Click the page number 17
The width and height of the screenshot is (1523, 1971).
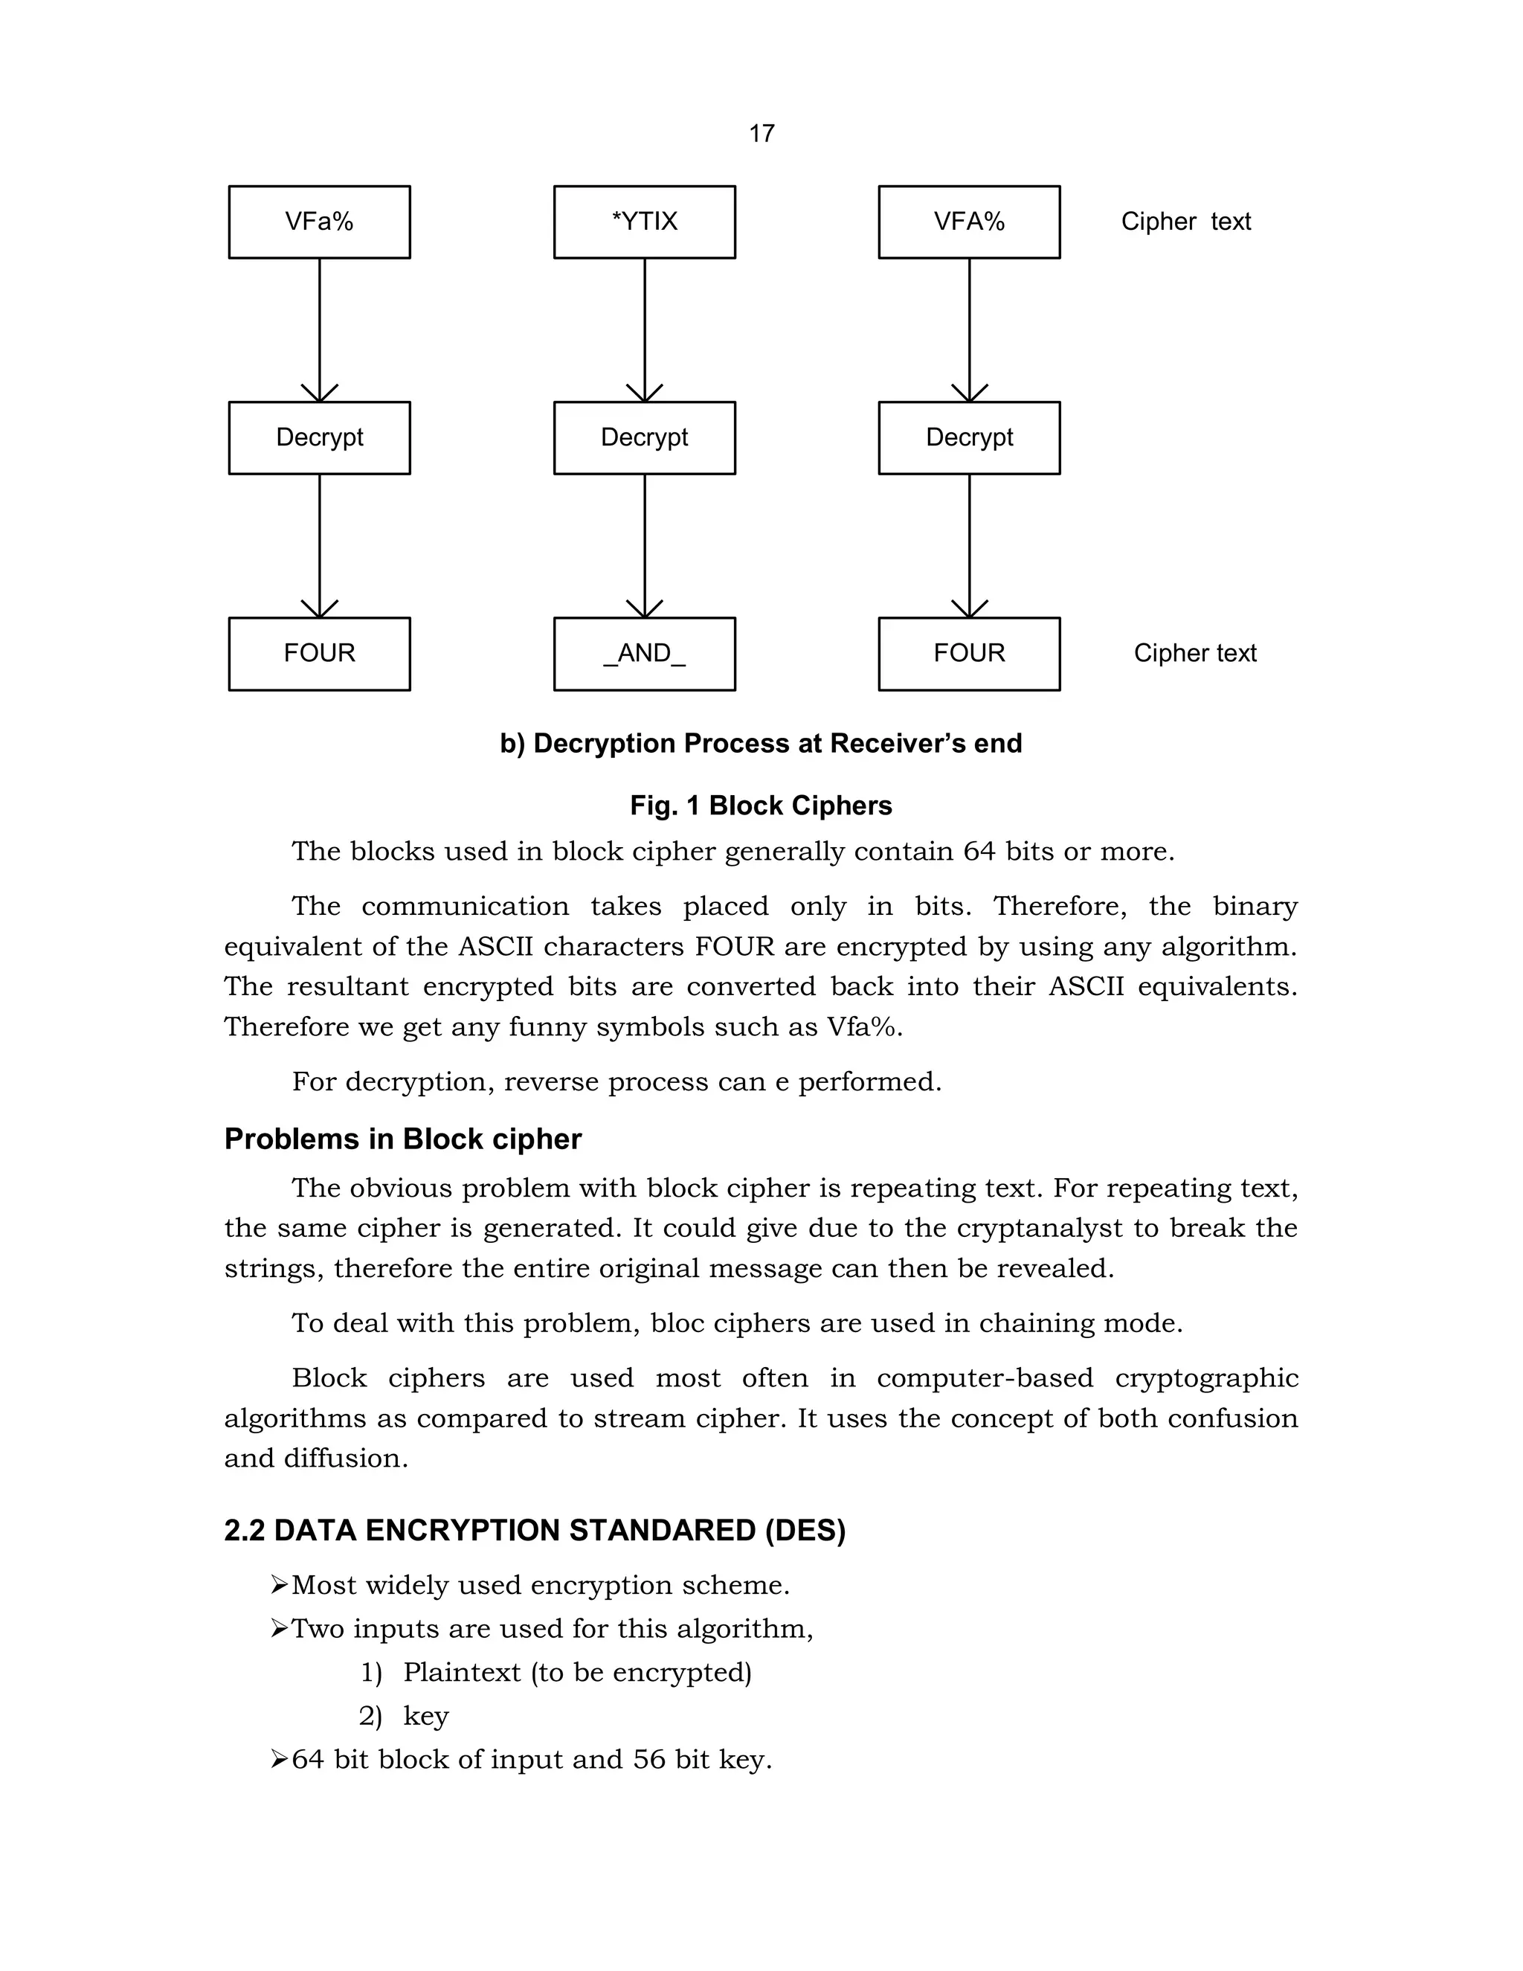click(761, 134)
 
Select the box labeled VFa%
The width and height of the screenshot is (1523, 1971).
click(319, 222)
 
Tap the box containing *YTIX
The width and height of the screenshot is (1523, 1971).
click(644, 222)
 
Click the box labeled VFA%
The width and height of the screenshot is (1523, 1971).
click(969, 222)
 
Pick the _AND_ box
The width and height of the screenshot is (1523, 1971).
click(644, 653)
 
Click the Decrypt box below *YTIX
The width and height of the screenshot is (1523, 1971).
click(644, 437)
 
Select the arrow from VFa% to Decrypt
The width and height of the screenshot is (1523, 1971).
click(319, 329)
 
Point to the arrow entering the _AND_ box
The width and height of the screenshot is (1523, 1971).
click(644, 546)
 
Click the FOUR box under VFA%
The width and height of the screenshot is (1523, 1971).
click(969, 653)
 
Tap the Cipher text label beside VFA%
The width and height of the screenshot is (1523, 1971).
click(1185, 222)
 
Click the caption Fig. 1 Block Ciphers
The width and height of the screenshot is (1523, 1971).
click(761, 806)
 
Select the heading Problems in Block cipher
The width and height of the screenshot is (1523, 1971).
click(402, 1139)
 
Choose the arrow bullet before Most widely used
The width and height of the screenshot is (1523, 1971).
click(279, 1585)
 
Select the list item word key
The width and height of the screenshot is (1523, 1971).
click(426, 1716)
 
